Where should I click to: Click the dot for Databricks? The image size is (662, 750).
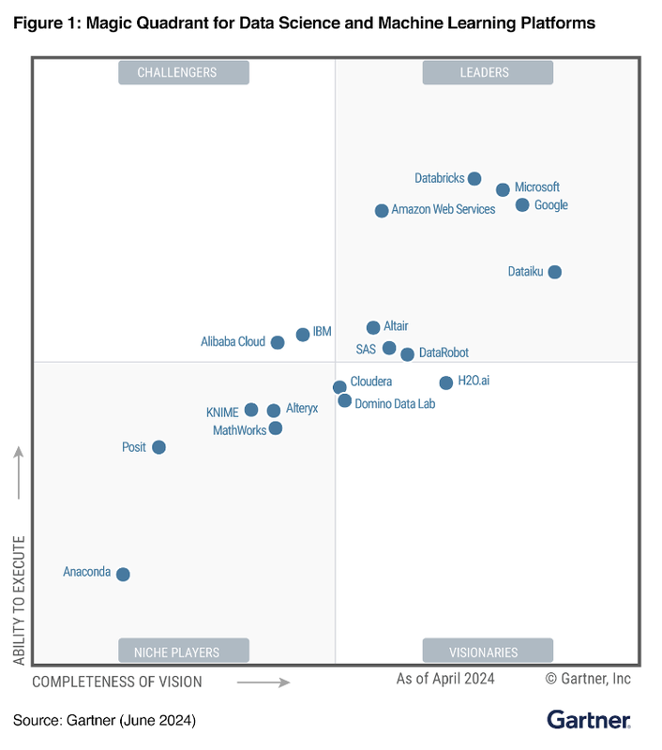(x=474, y=179)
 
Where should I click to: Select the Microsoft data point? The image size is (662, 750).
(x=503, y=189)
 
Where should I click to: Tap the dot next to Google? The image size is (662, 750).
(x=522, y=205)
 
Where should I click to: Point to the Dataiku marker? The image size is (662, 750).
(x=554, y=272)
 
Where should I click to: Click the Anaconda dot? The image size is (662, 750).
(x=123, y=574)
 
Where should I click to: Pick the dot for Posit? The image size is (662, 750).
(x=158, y=447)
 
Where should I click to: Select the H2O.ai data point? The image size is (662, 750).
(x=446, y=382)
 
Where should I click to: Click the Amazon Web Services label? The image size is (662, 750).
(x=443, y=210)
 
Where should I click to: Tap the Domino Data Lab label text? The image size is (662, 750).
(x=395, y=404)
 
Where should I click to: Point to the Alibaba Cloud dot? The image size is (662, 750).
(x=278, y=342)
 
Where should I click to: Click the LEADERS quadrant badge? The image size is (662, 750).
(x=488, y=72)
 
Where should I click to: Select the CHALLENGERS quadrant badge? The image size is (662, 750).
(x=184, y=72)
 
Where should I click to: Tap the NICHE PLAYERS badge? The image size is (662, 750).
(x=184, y=652)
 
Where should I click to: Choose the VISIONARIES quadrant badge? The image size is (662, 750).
(x=488, y=652)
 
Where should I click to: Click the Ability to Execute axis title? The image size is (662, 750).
(x=19, y=601)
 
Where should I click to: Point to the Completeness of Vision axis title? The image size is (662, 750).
(x=117, y=682)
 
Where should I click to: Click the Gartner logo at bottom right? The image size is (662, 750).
(x=589, y=720)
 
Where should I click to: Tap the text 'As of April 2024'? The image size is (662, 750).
(x=445, y=679)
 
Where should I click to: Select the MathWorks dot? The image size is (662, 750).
(x=276, y=428)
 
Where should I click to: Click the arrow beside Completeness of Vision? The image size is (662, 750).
(x=263, y=682)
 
